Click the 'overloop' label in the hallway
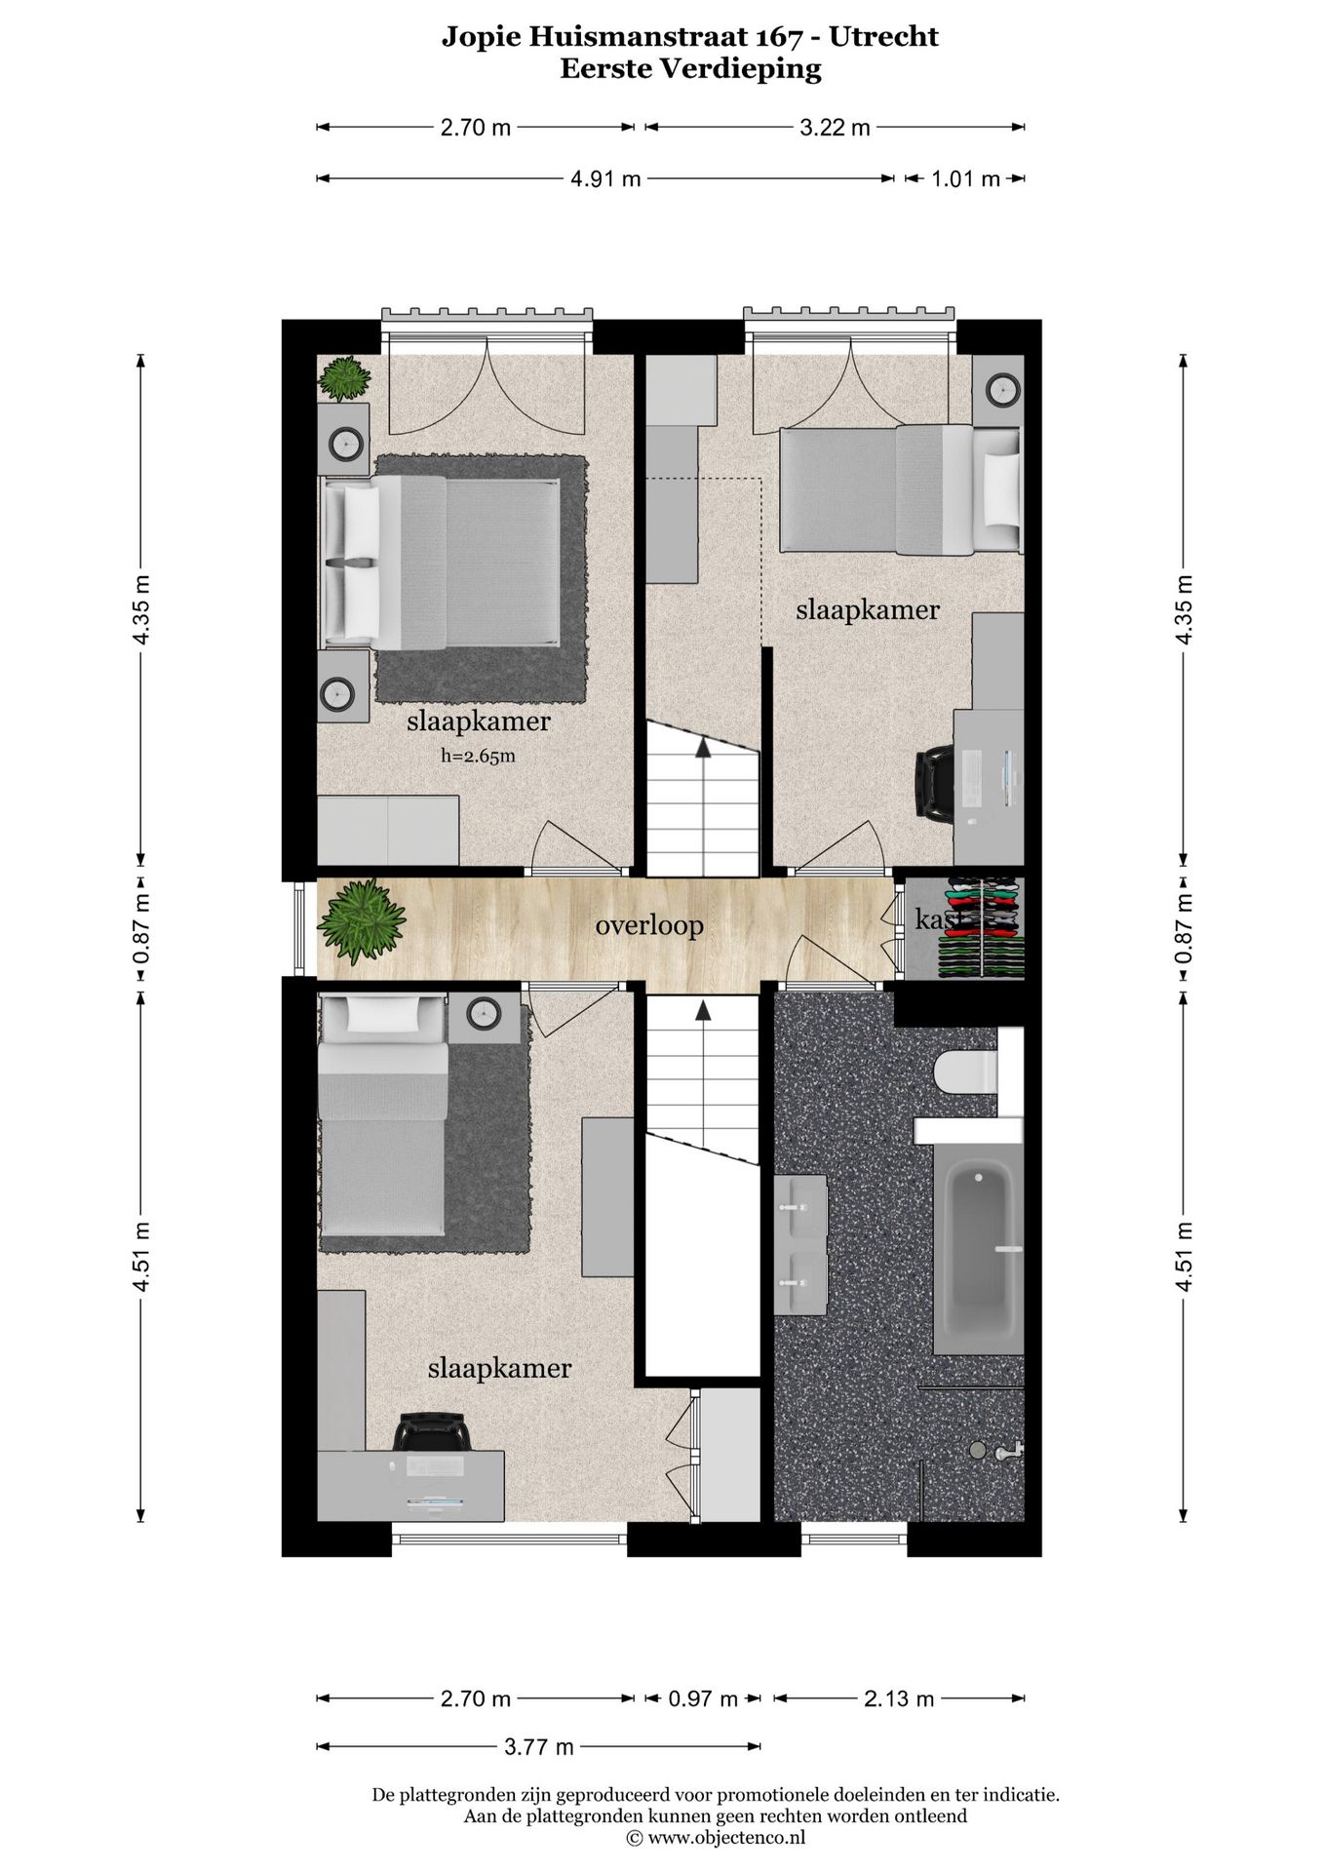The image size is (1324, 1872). pos(649,924)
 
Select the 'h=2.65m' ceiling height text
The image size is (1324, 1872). pos(478,755)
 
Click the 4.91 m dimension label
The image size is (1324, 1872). pos(605,178)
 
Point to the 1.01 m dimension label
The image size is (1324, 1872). pos(964,178)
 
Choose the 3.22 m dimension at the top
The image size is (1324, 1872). pos(835,127)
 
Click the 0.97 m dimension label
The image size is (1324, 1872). pos(702,1698)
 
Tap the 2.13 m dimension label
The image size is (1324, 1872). pos(899,1698)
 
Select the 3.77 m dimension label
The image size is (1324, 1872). pos(539,1746)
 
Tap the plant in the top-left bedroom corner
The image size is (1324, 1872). pos(344,378)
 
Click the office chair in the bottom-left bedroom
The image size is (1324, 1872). pos(433,1431)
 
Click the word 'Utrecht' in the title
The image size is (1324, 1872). pos(885,37)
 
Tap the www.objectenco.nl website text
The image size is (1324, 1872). pos(726,1838)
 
